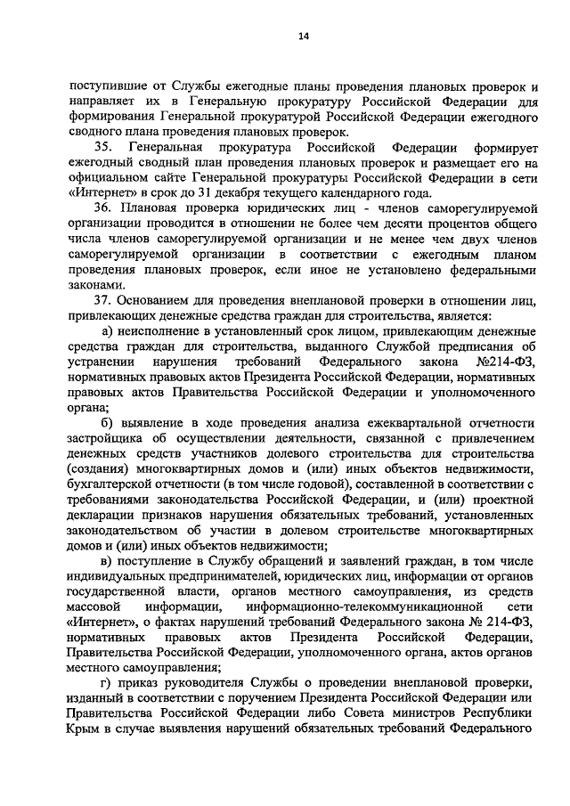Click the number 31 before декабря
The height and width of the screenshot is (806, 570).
[307, 192]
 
